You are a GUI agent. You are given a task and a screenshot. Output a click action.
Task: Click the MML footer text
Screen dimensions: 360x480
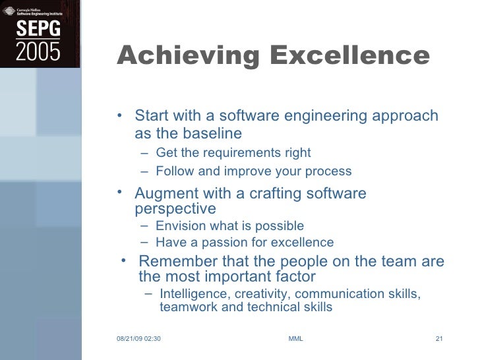pyautogui.click(x=296, y=340)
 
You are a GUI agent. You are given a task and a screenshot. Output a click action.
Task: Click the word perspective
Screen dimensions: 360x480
pyautogui.click(x=175, y=210)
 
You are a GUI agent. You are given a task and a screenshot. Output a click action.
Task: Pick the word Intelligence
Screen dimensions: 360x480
pyautogui.click(x=193, y=294)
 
